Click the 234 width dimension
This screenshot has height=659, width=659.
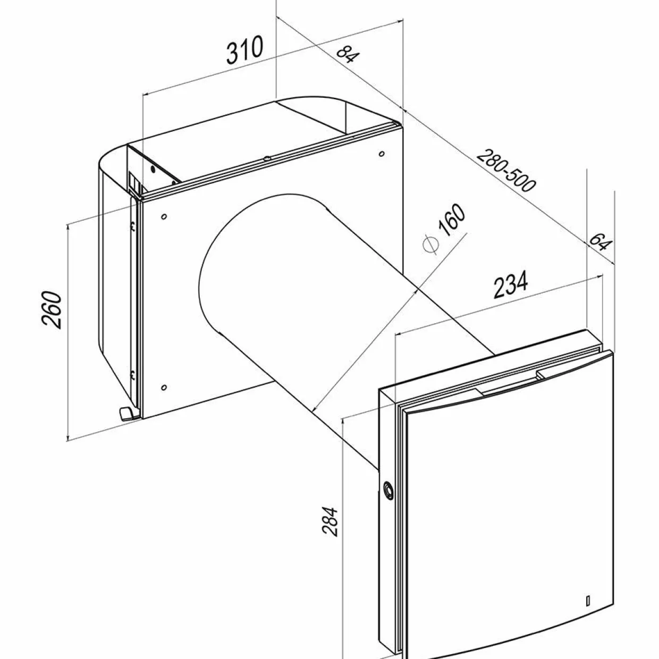(511, 284)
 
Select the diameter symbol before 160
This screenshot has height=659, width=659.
(430, 244)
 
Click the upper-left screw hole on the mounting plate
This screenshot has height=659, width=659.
(164, 216)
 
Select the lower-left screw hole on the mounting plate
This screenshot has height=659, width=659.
(164, 387)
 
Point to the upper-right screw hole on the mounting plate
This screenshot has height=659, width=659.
(382, 154)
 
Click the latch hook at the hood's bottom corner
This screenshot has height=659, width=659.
(128, 413)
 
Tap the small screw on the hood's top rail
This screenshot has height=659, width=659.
(267, 158)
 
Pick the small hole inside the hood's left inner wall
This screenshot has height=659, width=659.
(153, 170)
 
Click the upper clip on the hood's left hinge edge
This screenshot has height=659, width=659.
(133, 226)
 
